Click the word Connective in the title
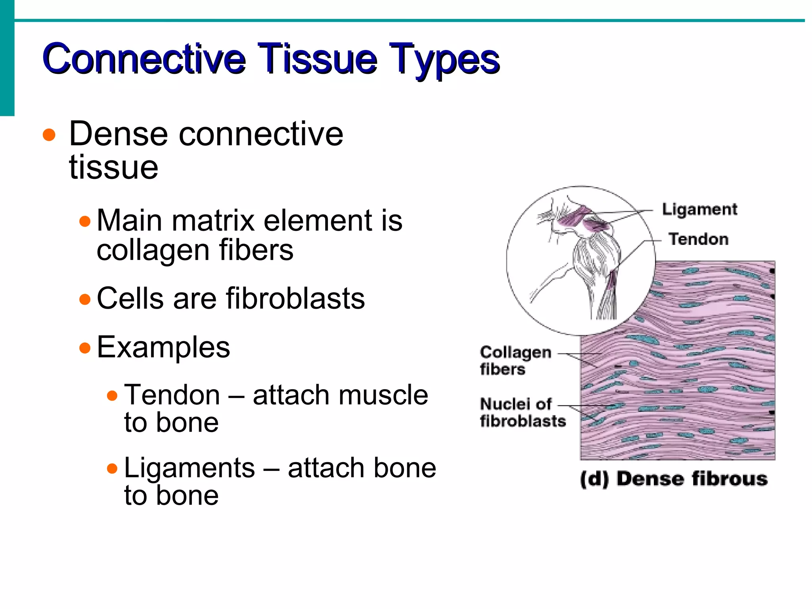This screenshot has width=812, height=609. click(144, 60)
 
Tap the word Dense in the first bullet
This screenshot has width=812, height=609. click(119, 134)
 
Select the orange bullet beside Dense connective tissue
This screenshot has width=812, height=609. click(49, 135)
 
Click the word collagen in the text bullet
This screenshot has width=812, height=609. click(153, 251)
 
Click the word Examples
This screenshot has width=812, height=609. click(163, 347)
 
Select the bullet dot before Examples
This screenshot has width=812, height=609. click(85, 348)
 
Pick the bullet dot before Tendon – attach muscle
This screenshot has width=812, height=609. click(113, 396)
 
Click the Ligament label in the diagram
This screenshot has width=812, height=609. click(699, 209)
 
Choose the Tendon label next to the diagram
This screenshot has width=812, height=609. click(698, 239)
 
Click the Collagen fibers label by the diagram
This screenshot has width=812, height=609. click(515, 360)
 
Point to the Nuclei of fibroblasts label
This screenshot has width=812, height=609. click(522, 413)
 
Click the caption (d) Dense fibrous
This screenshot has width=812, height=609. click(673, 478)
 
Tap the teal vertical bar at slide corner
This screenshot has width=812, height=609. click(7, 58)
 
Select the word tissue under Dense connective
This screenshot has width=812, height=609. click(113, 167)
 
